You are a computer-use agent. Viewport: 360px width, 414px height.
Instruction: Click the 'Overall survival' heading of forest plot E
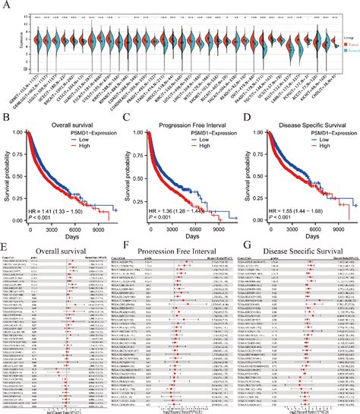pyautogui.click(x=53, y=248)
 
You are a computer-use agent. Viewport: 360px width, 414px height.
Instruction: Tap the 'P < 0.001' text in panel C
pyautogui.click(x=158, y=218)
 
